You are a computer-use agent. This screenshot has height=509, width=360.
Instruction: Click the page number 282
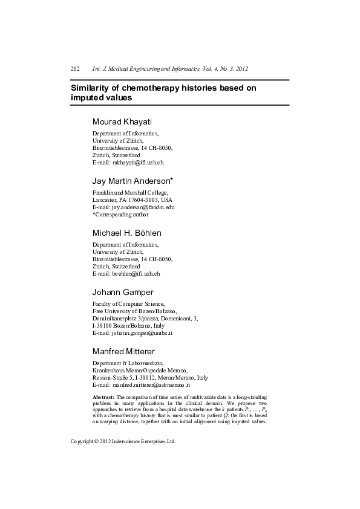[75, 69]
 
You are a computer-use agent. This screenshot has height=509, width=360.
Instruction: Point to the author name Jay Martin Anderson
[131, 181]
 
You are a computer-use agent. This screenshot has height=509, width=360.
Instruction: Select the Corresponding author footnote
[120, 214]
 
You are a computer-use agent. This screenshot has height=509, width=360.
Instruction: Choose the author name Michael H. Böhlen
[126, 233]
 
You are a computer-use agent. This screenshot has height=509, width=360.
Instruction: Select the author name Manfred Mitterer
[123, 351]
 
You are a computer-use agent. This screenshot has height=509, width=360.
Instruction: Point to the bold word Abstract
[103, 397]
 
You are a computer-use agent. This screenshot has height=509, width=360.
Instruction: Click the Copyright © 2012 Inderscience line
[123, 442]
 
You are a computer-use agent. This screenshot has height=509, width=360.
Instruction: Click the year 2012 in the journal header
[240, 69]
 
